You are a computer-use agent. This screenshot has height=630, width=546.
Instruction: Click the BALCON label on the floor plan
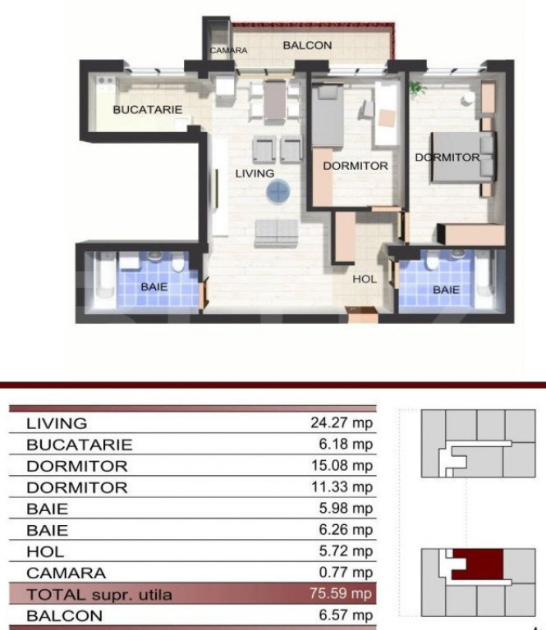click(x=308, y=45)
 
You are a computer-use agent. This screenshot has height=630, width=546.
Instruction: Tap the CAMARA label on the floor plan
click(x=228, y=51)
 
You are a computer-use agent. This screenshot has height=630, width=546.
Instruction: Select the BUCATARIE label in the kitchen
click(x=148, y=110)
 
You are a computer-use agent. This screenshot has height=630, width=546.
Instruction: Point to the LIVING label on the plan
click(x=255, y=174)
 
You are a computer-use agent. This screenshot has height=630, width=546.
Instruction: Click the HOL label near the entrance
click(x=365, y=279)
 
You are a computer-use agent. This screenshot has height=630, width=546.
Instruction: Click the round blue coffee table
click(x=278, y=191)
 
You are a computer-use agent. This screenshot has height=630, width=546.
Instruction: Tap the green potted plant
click(x=417, y=88)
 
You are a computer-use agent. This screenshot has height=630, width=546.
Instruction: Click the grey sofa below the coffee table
click(x=277, y=233)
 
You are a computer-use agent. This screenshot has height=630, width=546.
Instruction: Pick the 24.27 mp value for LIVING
click(x=342, y=422)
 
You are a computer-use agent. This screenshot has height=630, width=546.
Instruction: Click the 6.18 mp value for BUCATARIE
click(x=346, y=444)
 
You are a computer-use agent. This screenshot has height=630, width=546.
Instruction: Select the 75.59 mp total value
click(x=341, y=593)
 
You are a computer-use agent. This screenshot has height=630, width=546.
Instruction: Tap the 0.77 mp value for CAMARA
click(x=346, y=572)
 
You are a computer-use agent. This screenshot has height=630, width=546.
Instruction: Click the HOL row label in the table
click(x=45, y=551)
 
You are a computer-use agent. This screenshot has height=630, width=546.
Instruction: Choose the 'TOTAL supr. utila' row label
click(x=99, y=595)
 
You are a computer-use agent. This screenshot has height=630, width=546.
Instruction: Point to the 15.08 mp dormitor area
click(x=342, y=465)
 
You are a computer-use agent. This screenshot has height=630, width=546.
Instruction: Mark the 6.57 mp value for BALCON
click(x=346, y=614)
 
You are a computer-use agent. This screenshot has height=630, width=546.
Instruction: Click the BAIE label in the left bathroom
click(x=154, y=287)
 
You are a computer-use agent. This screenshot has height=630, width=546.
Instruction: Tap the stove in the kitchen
click(x=105, y=83)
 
